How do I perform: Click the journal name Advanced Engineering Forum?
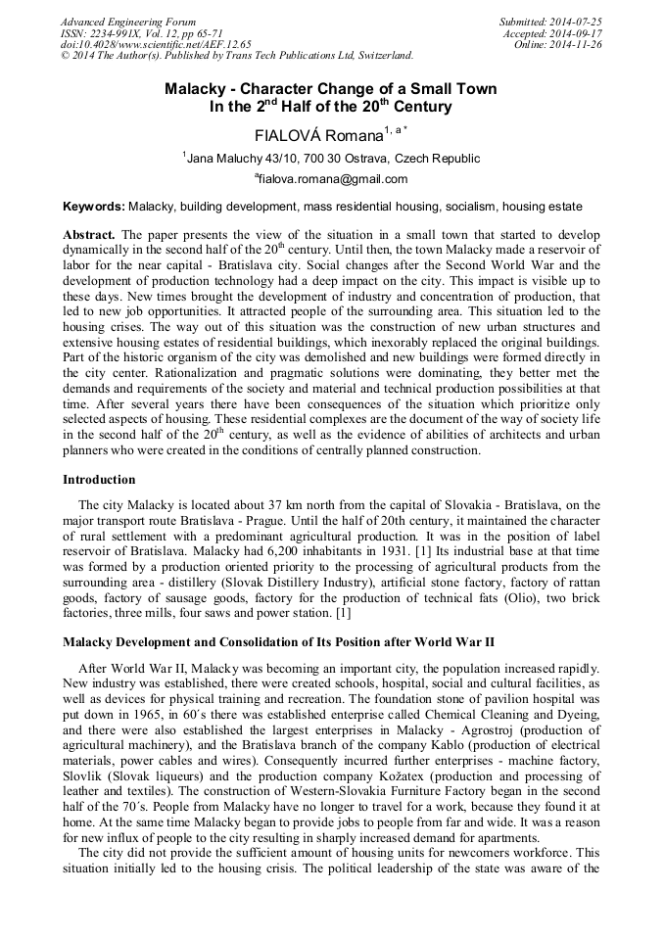128,22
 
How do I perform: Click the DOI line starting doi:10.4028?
156,44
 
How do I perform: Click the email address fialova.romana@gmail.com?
333,179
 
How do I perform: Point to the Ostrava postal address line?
333,158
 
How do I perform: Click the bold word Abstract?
89,236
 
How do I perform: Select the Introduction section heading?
99,480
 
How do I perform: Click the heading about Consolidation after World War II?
278,642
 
